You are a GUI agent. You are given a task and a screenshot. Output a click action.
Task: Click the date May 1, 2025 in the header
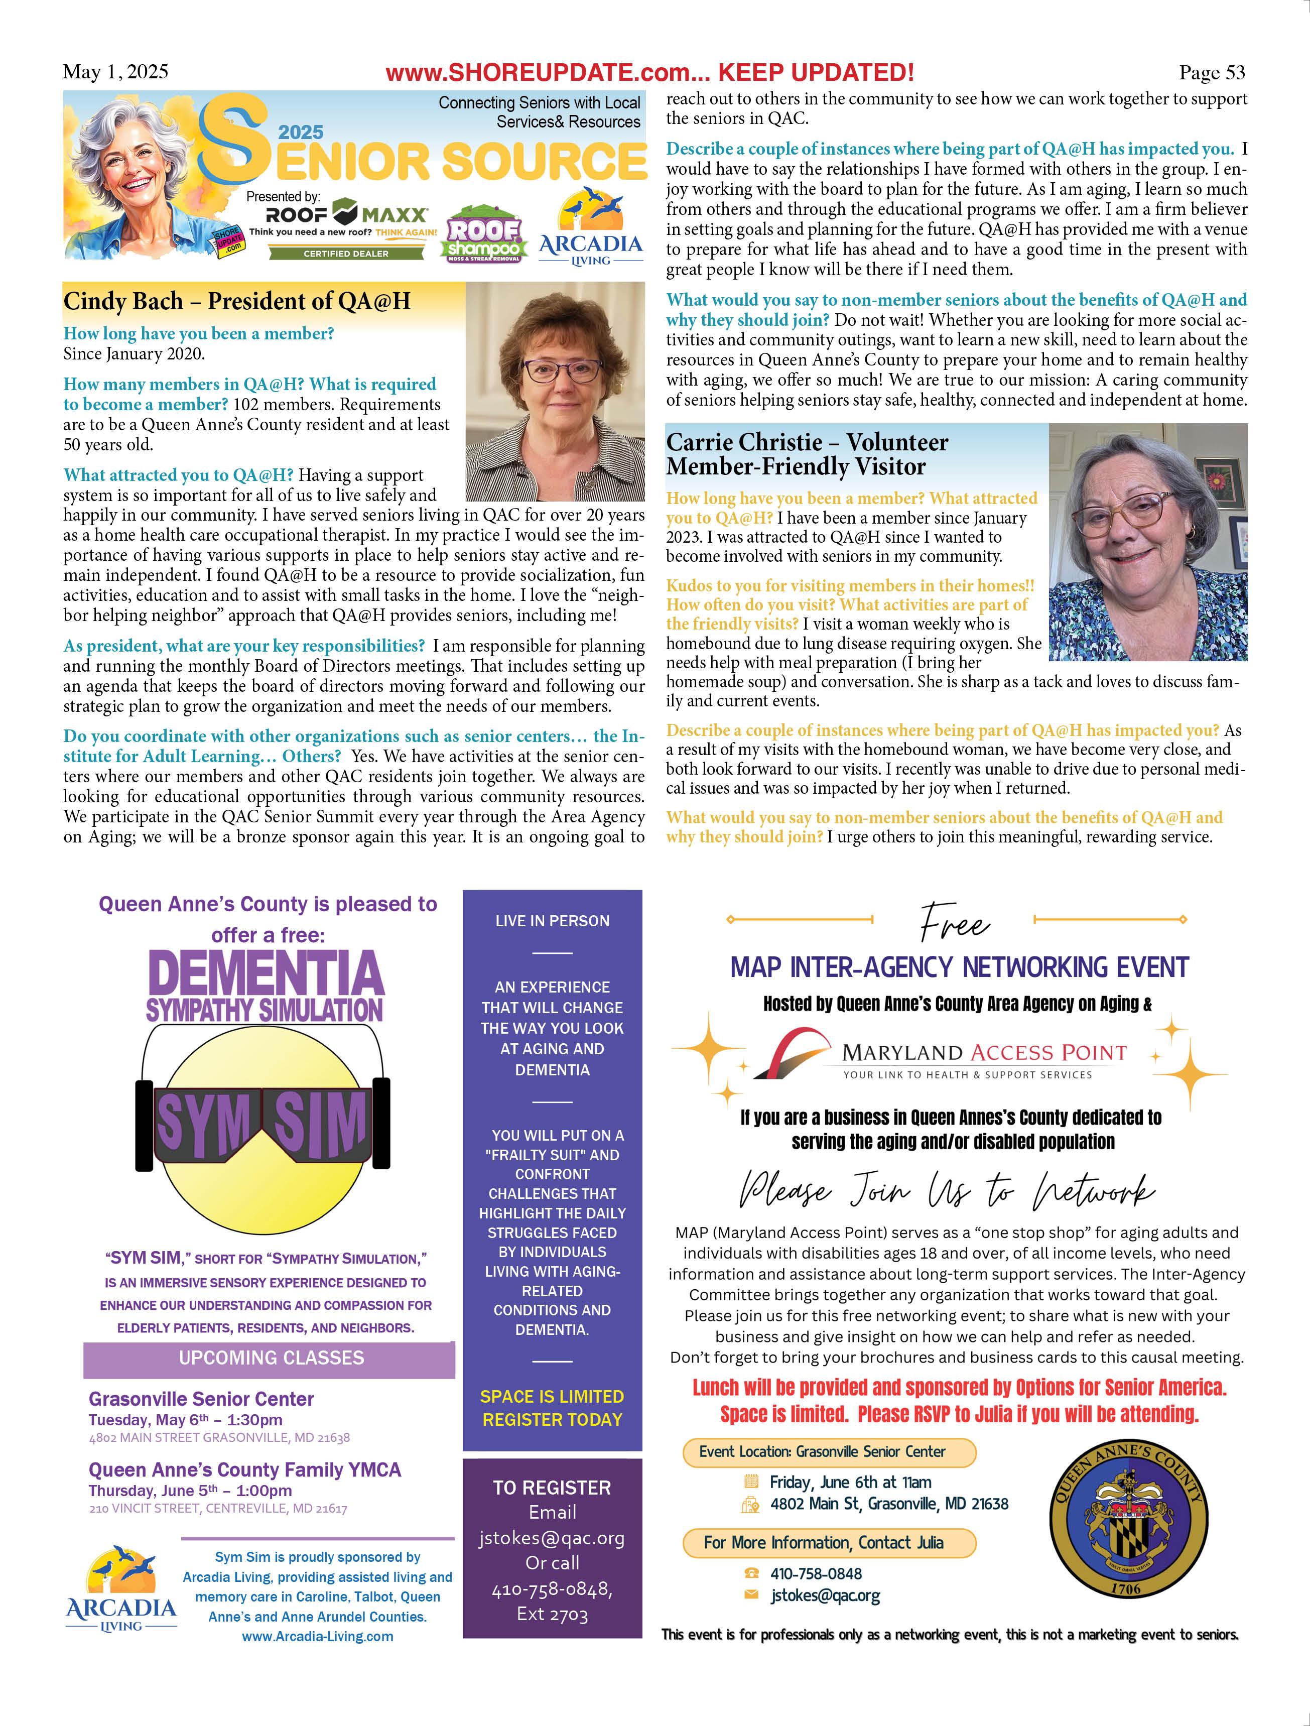(x=115, y=72)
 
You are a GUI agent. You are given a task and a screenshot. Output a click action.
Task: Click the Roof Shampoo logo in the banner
(x=484, y=234)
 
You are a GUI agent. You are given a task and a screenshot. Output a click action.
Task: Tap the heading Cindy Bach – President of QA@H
(x=236, y=301)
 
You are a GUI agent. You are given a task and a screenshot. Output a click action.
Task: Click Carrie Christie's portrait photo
(x=1148, y=542)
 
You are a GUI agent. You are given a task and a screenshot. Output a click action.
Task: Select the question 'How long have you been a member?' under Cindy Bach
(x=199, y=334)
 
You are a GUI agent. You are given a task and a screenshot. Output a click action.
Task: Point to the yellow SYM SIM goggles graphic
(x=263, y=1124)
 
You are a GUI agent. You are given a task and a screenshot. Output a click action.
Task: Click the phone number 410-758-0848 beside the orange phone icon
(x=815, y=1574)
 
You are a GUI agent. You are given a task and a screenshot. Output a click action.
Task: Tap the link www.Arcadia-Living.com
(x=318, y=1636)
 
